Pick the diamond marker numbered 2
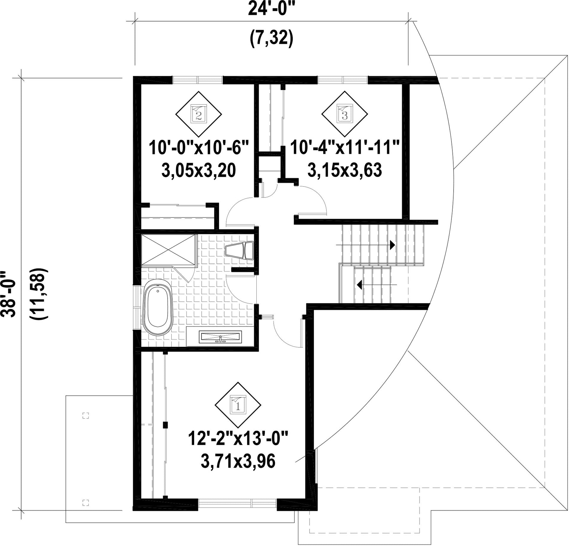(199, 114)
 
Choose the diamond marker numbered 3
(345, 114)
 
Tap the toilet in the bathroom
(239, 251)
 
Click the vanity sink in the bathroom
(220, 337)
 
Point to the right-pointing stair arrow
(365, 245)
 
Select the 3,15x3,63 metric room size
(345, 171)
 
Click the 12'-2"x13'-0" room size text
(238, 439)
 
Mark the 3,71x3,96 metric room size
(238, 462)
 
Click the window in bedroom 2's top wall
(198, 80)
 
